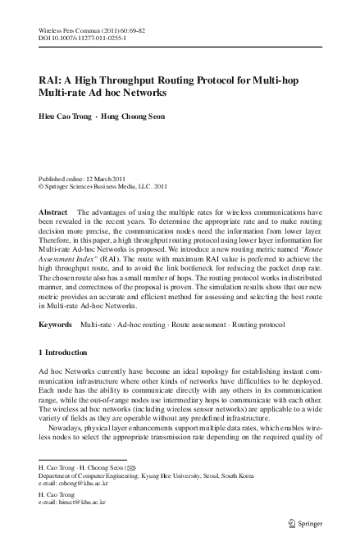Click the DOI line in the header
[x=82, y=37]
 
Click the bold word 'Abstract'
[x=53, y=212]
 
